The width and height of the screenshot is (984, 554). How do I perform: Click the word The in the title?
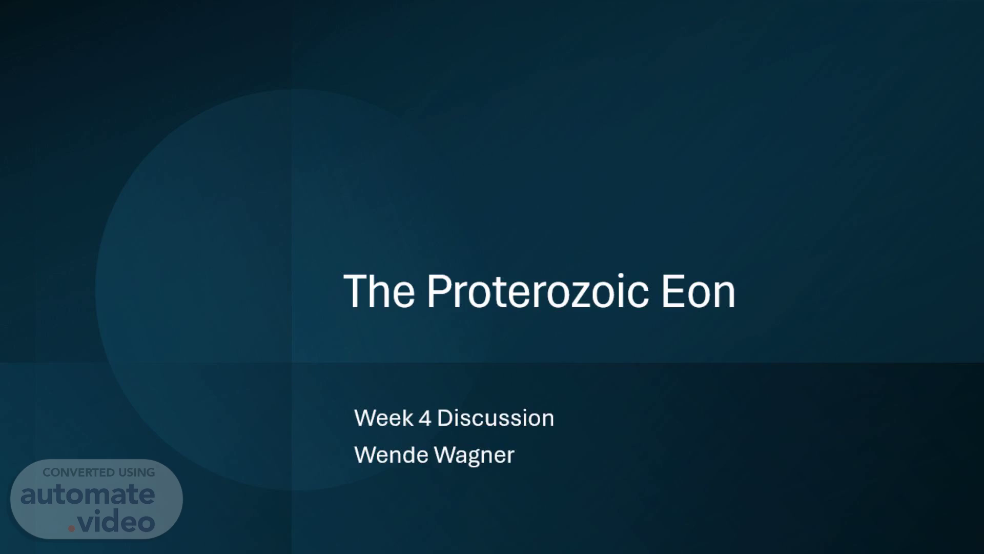pyautogui.click(x=379, y=291)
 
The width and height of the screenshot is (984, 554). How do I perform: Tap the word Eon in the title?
pyautogui.click(x=699, y=291)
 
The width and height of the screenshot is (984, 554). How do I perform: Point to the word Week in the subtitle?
pyautogui.click(x=384, y=418)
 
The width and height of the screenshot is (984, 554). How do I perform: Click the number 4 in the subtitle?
pyautogui.click(x=425, y=419)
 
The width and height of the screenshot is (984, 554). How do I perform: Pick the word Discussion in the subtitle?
pyautogui.click(x=496, y=418)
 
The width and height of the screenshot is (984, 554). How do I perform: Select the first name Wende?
pyautogui.click(x=392, y=454)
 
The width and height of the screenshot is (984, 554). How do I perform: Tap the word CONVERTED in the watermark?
pyautogui.click(x=79, y=472)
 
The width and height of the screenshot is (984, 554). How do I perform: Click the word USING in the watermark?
pyautogui.click(x=137, y=472)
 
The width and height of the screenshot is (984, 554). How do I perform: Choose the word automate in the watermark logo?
pyautogui.click(x=88, y=494)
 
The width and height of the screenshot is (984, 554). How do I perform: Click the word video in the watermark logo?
pyautogui.click(x=116, y=522)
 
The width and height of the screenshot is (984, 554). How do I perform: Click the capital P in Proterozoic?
pyautogui.click(x=440, y=291)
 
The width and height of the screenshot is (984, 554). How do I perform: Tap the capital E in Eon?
pyautogui.click(x=673, y=291)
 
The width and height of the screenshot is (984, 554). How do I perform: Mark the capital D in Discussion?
pyautogui.click(x=445, y=418)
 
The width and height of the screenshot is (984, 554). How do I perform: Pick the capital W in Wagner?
pyautogui.click(x=445, y=454)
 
